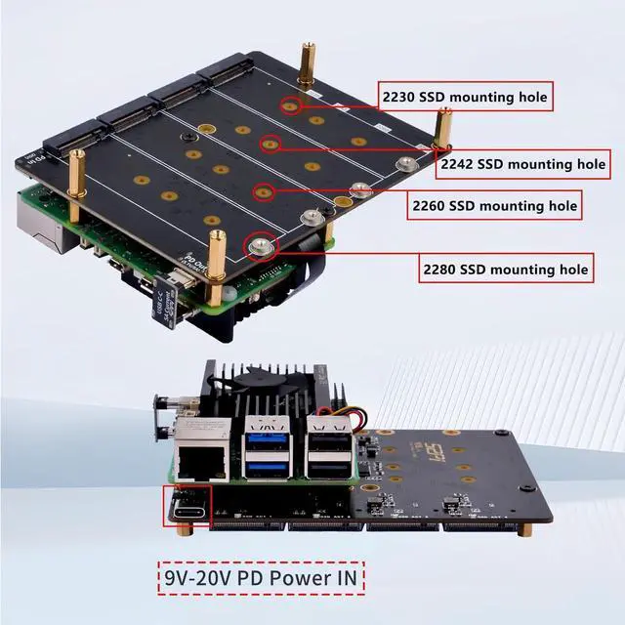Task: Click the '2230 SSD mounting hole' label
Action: (464, 97)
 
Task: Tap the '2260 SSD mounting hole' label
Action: (492, 206)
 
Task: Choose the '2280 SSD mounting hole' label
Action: (505, 268)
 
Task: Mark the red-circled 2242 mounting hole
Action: (271, 146)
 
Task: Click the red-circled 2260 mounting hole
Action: (262, 191)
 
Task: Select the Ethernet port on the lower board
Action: (201, 457)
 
